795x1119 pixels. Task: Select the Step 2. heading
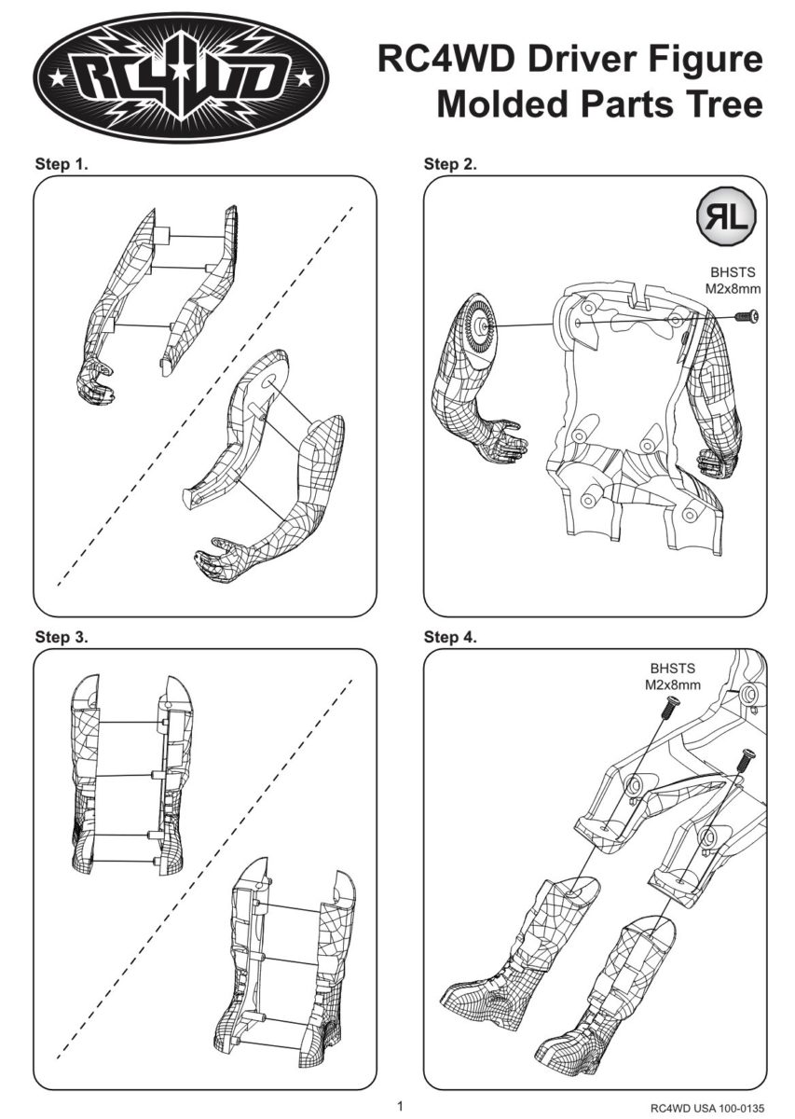click(x=450, y=165)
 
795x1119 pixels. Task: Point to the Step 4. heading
click(x=450, y=638)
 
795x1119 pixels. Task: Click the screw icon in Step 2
click(x=745, y=318)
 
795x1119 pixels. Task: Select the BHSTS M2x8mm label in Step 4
click(x=672, y=676)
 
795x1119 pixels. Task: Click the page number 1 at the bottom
click(x=399, y=1106)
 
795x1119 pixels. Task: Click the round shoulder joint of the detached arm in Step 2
click(x=481, y=323)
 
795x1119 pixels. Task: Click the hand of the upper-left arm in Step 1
click(x=94, y=383)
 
